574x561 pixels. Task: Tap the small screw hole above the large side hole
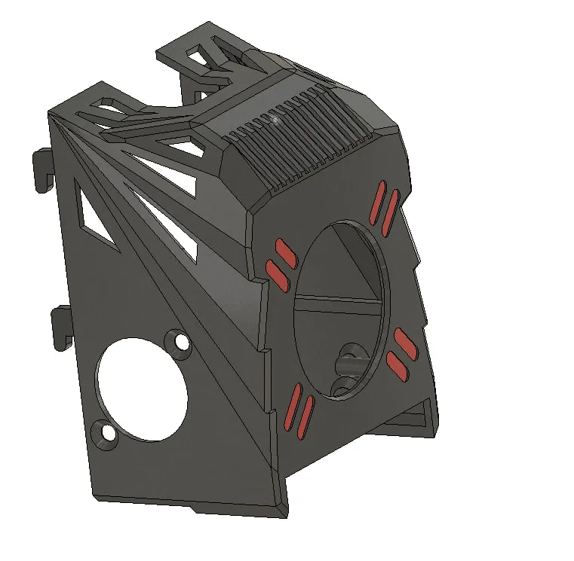pos(182,343)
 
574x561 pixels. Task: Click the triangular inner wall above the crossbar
pos(355,264)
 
